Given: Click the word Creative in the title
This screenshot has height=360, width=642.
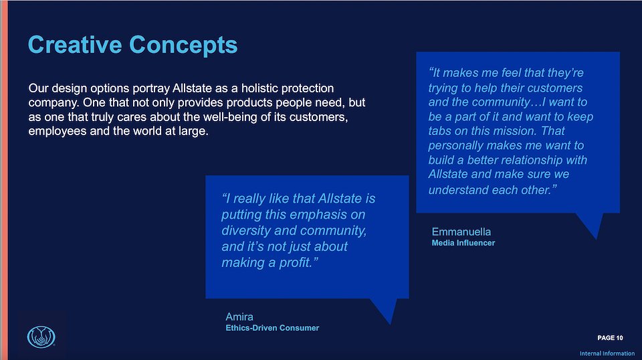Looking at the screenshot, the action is point(75,45).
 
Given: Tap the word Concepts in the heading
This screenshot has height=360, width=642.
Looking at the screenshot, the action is point(183,45).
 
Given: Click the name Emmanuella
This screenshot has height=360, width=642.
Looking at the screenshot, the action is point(461,232).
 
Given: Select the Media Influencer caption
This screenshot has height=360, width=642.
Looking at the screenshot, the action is point(463,243).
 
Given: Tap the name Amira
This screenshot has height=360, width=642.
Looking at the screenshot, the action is point(239,317).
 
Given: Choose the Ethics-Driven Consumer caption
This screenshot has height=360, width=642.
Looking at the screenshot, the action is point(272,328).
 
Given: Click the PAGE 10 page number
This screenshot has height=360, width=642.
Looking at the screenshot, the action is point(610,338).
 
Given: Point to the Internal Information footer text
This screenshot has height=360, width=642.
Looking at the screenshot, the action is point(607,353).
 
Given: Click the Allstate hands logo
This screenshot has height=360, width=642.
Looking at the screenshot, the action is point(41,337).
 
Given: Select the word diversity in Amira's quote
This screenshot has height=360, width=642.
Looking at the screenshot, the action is point(246,231).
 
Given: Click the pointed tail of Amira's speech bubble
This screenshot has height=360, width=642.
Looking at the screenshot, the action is point(389,325).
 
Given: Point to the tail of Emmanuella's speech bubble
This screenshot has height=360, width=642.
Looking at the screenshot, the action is point(596,238).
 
